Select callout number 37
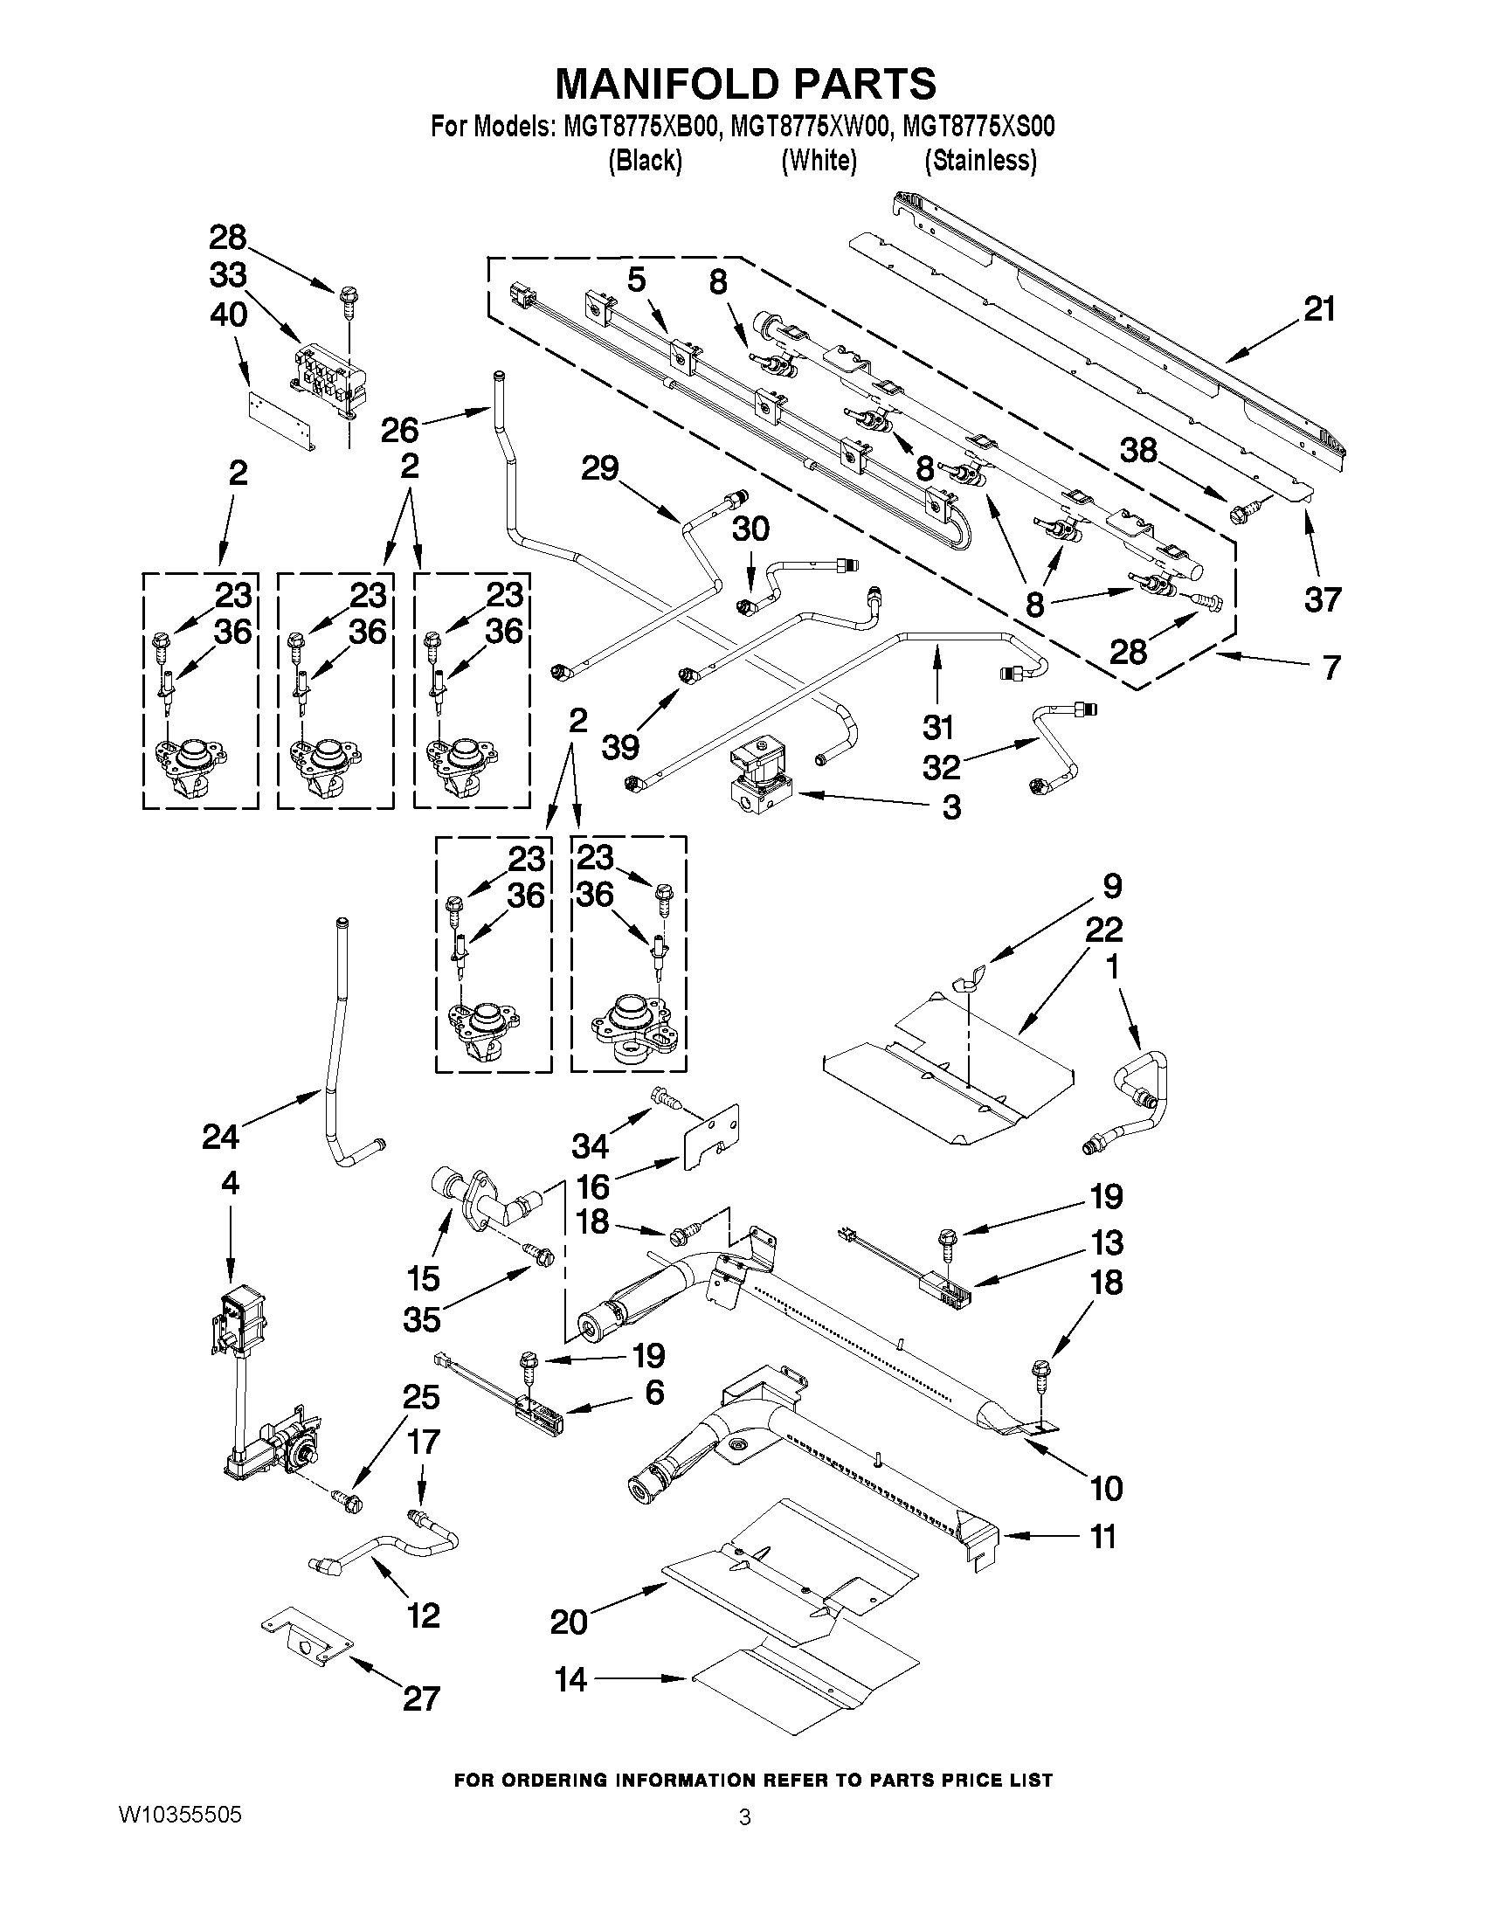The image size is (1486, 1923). (1322, 599)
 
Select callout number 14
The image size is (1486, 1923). (570, 1679)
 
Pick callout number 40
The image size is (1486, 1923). (228, 315)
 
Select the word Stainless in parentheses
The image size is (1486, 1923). (980, 161)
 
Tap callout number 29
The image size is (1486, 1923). (599, 468)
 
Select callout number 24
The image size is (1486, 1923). (220, 1137)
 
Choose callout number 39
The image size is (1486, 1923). (620, 746)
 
